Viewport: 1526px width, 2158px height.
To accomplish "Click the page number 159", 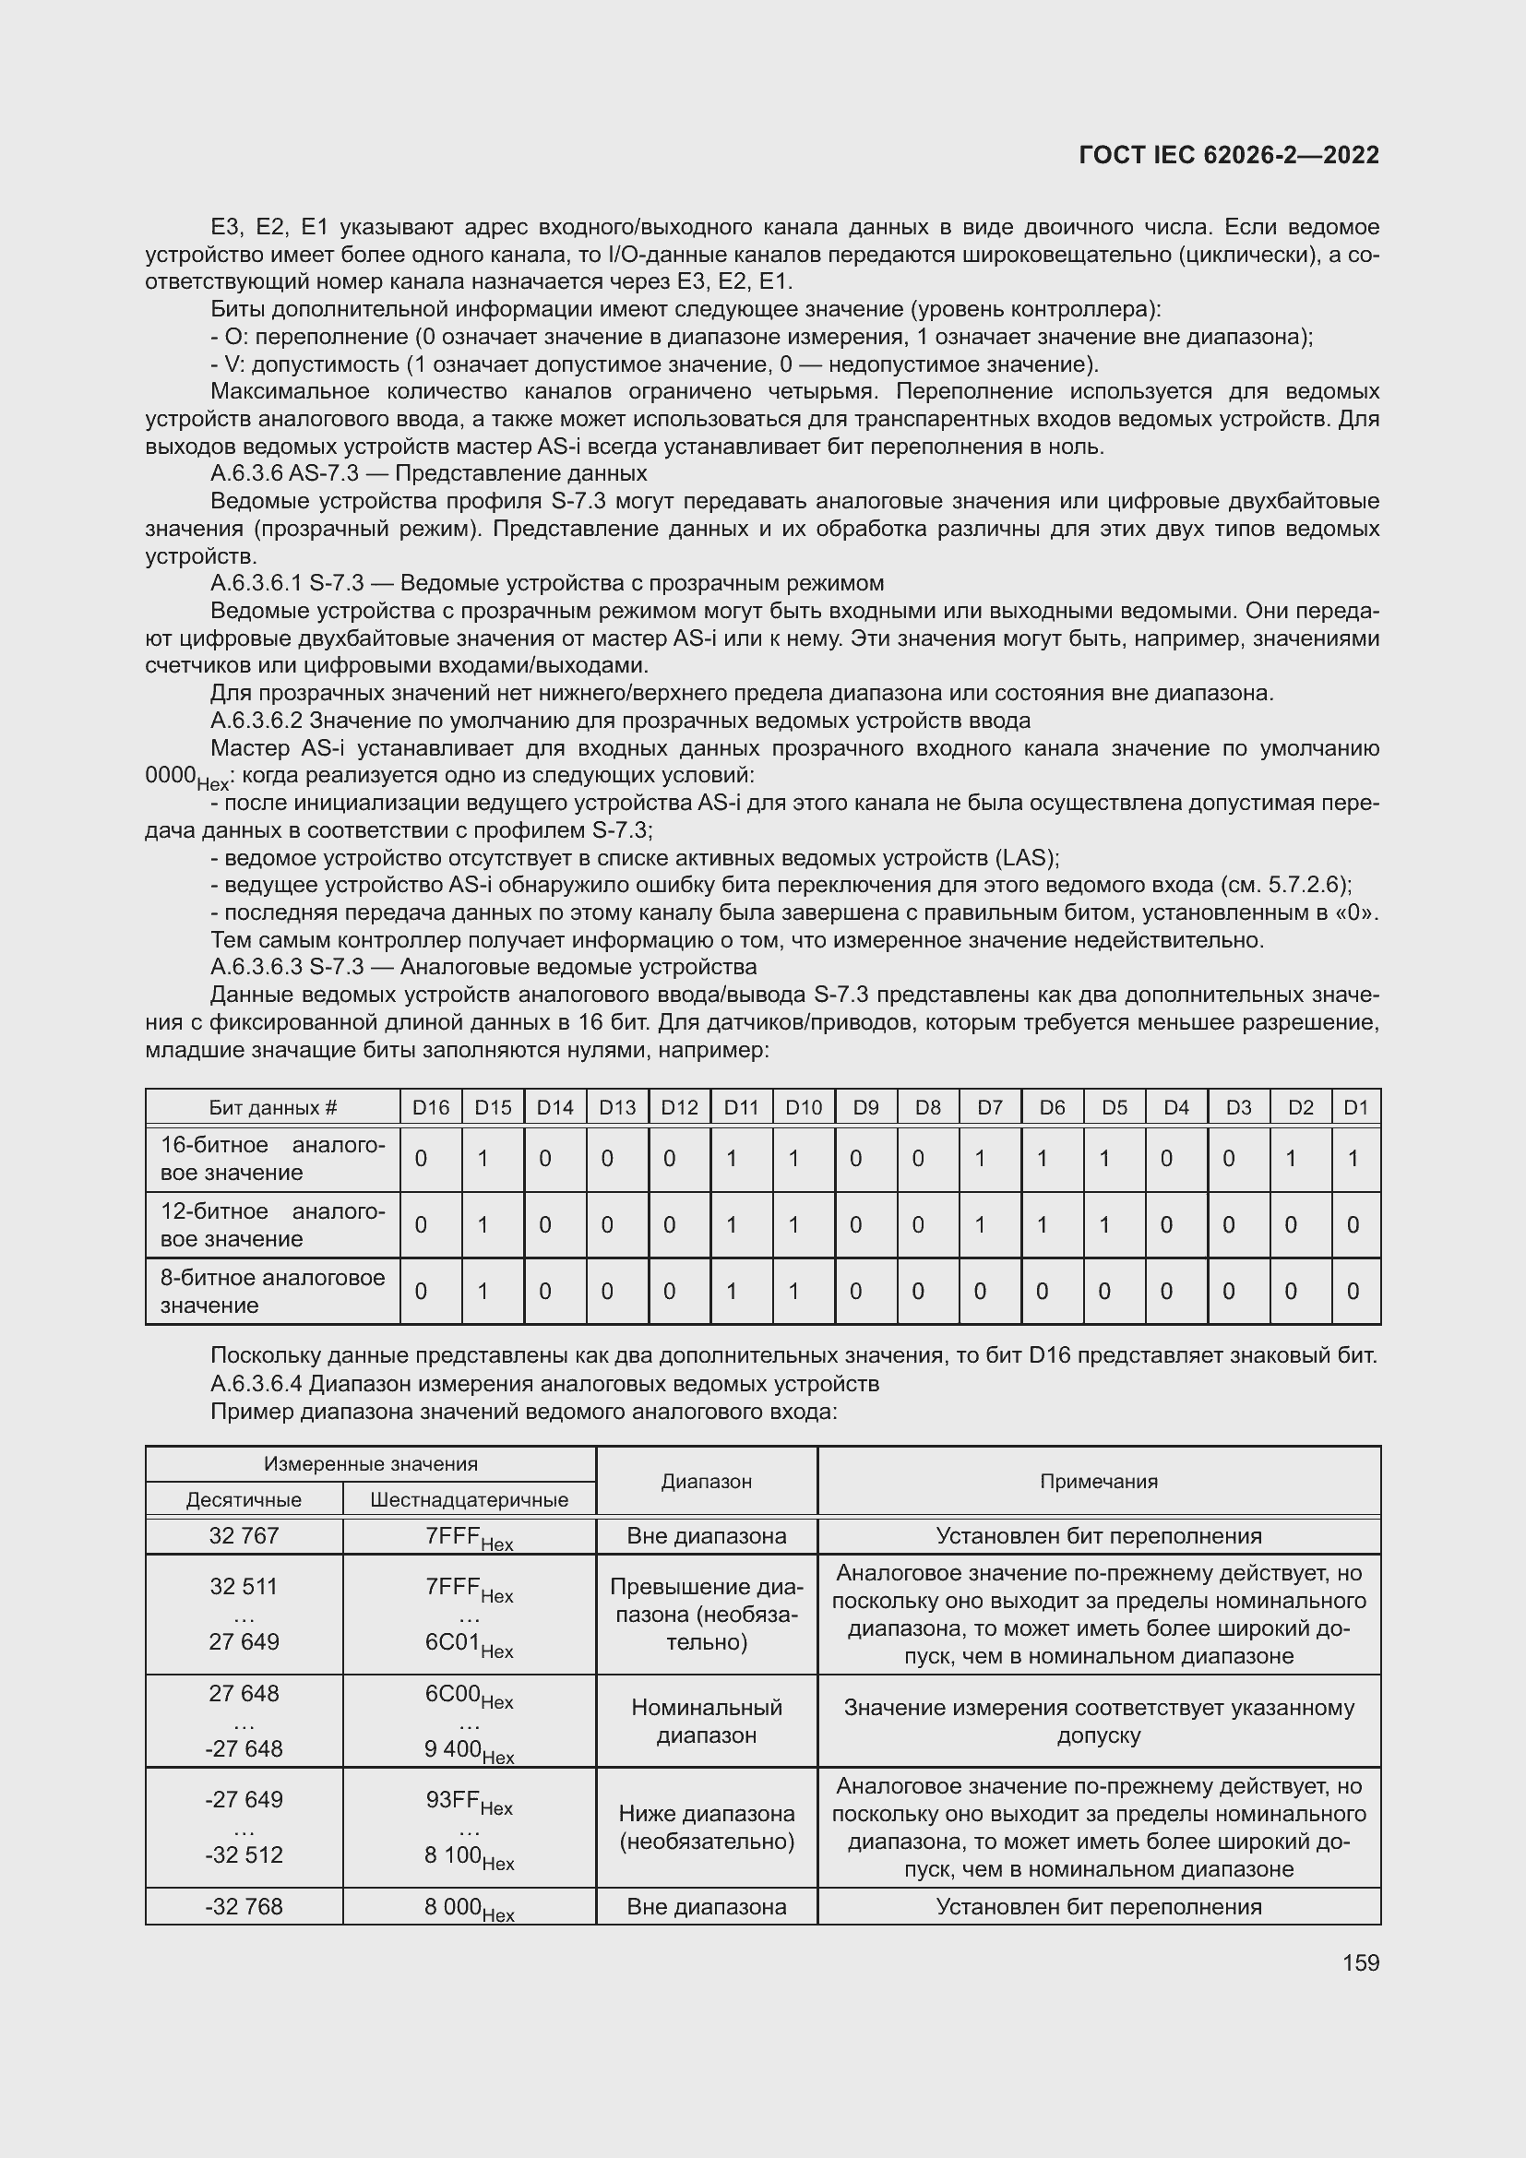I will point(1360,1962).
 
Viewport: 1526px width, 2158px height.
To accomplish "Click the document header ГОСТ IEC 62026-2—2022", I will point(1229,155).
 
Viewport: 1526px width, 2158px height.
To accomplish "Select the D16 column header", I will point(430,1107).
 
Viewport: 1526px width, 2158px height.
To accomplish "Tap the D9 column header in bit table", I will point(865,1107).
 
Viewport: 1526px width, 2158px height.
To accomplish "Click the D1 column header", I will point(1356,1107).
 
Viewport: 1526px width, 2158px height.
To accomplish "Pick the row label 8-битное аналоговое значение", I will point(272,1291).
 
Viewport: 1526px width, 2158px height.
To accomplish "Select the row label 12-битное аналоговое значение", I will point(272,1224).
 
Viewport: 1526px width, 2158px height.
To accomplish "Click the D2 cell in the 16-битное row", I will point(1301,1159).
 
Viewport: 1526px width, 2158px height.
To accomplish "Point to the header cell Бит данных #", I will point(272,1107).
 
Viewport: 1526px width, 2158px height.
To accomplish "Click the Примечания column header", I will point(1099,1482).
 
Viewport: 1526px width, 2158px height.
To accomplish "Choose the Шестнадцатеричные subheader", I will point(469,1499).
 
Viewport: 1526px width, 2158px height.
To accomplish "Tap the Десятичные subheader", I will point(244,1499).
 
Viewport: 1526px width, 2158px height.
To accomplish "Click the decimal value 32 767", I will point(244,1536).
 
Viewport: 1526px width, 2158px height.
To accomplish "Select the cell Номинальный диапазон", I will point(707,1721).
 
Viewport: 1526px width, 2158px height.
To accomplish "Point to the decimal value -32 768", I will point(244,1906).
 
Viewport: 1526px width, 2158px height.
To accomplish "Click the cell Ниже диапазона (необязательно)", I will point(707,1827).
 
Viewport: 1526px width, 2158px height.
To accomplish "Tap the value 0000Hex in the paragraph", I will point(186,776).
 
